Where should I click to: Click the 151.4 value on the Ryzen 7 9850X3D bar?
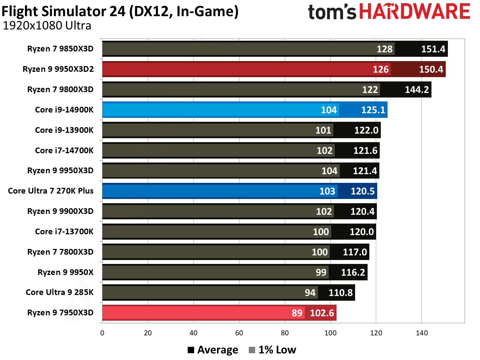pos(433,49)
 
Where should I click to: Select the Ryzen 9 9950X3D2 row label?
pos(58,69)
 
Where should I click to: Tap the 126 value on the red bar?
pos(380,69)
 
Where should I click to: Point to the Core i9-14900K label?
pos(64,110)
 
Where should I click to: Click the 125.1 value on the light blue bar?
pos(373,110)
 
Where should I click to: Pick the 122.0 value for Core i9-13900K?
pos(366,130)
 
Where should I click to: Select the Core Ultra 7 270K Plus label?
pos(51,191)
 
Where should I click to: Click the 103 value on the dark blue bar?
pos(327,191)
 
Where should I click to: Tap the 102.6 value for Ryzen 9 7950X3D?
pos(322,313)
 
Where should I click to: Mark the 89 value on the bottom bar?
pos(297,313)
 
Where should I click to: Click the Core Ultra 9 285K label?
pos(60,292)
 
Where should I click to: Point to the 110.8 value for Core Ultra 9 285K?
pos(340,293)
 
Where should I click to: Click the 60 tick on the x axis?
pos(239,333)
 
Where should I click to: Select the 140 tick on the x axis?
pos(421,333)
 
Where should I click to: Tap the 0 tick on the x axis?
pos(102,333)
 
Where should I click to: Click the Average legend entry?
pos(213,350)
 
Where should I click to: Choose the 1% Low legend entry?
pos(273,350)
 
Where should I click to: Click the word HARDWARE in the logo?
pos(414,11)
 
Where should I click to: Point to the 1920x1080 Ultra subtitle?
pos(47,26)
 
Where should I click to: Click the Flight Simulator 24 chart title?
pos(120,11)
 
